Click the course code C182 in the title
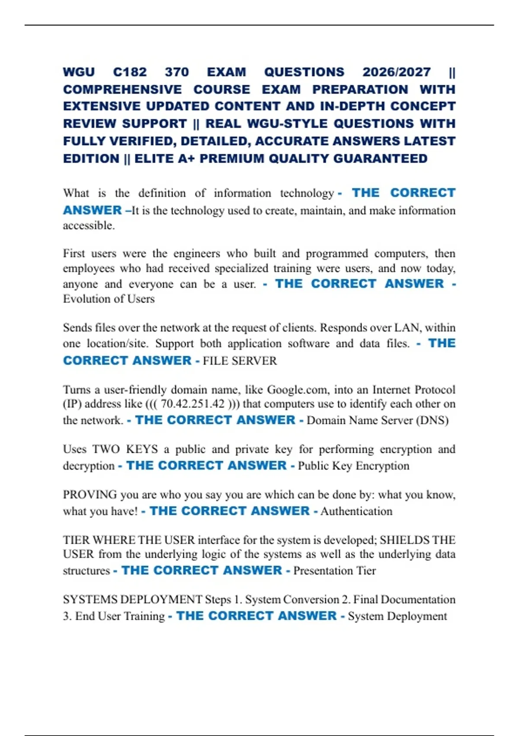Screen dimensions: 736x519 [130, 72]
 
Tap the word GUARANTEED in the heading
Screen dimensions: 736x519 [380, 158]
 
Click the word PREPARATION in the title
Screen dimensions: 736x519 [360, 89]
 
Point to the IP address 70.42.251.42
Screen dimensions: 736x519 [192, 404]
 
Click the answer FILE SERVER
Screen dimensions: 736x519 [240, 361]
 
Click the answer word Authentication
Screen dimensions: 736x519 [356, 511]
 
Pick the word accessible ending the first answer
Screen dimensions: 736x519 [88, 226]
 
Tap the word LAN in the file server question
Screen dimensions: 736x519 [410, 328]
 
